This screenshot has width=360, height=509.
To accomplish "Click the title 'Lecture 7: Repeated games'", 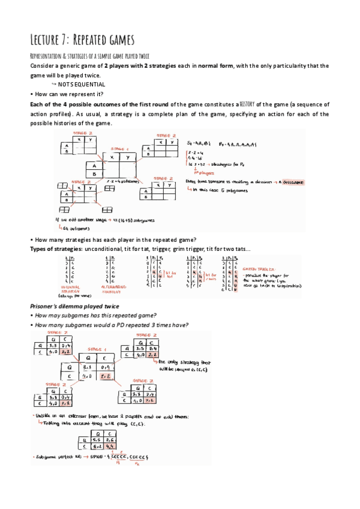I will (x=82, y=40).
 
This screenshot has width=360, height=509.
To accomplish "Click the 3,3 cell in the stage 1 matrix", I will (x=88, y=366).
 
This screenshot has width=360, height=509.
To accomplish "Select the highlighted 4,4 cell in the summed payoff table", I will (x=110, y=446).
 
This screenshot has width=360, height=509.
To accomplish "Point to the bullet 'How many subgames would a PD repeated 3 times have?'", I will (x=110, y=325).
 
